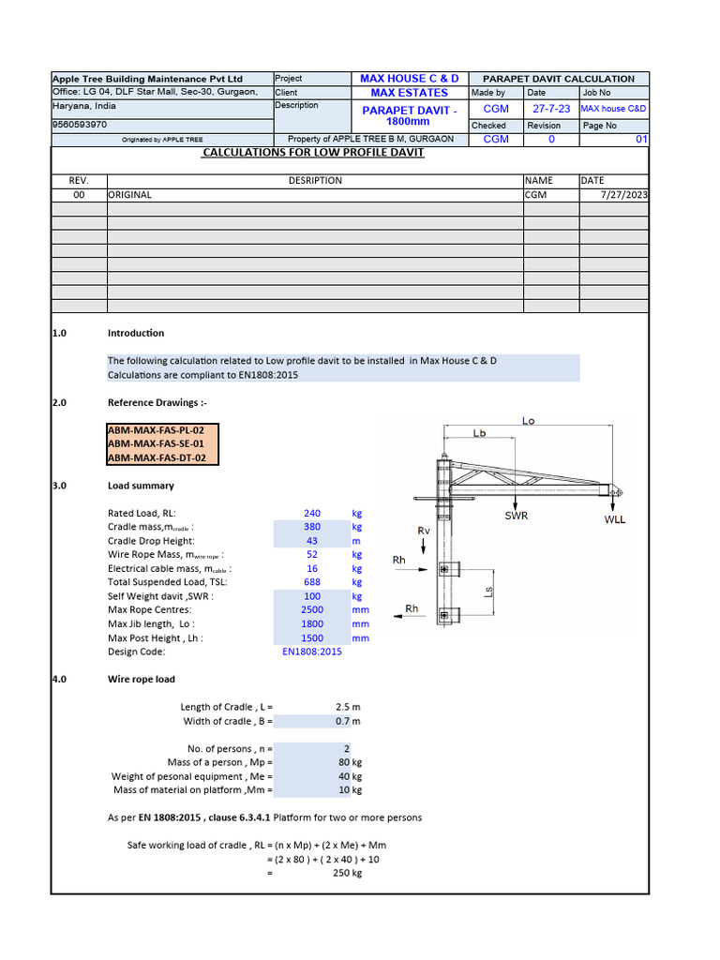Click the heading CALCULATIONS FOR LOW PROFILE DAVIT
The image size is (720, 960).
coord(313,152)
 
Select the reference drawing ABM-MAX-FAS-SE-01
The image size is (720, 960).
coord(156,443)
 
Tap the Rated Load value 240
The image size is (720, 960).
coord(312,513)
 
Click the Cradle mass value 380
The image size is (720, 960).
coord(312,527)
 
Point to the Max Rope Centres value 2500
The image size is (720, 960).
coord(312,610)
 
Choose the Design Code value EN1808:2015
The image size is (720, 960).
coord(312,652)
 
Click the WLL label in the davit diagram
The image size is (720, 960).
coord(614,518)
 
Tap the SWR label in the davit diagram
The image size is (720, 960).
coord(517,516)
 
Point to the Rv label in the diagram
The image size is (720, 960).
coord(424,531)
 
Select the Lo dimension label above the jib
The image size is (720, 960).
coord(529,421)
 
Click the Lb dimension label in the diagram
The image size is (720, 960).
coord(479,433)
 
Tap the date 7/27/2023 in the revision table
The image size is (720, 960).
coord(621,195)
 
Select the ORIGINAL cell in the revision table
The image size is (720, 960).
coord(129,195)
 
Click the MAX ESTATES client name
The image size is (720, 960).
coord(409,93)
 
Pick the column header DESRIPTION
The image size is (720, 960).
coord(315,180)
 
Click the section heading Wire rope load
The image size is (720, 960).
coord(141,679)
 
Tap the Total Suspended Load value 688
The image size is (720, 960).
coord(312,582)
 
